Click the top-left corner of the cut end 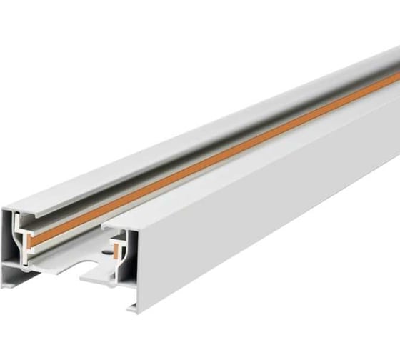coord(3,209)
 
